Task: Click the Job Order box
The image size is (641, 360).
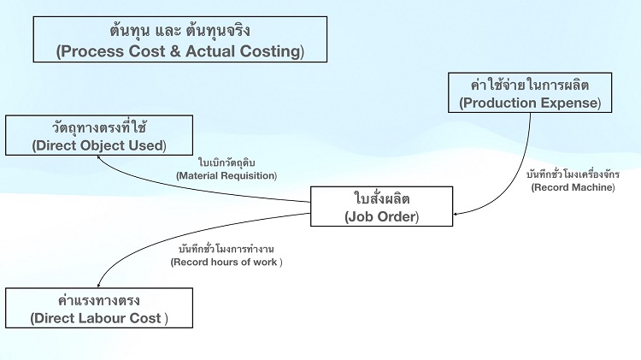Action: (381, 206)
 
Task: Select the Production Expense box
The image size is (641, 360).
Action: (530, 92)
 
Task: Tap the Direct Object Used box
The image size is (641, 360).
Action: (99, 135)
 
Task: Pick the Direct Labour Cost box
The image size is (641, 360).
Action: (99, 308)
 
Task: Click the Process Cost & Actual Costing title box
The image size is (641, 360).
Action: (179, 39)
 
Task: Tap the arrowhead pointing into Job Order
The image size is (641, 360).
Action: (456, 213)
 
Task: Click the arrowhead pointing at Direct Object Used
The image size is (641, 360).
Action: (100, 159)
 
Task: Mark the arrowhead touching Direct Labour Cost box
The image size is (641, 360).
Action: (99, 284)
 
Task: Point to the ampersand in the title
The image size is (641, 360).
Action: (174, 51)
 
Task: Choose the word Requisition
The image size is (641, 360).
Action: (250, 176)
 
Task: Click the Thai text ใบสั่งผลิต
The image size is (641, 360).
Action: (381, 198)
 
